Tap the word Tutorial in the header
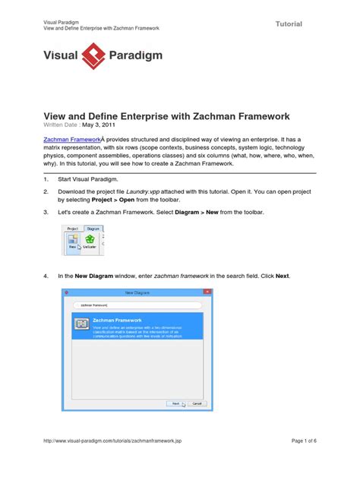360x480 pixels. click(288, 24)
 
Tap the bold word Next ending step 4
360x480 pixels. click(282, 276)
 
